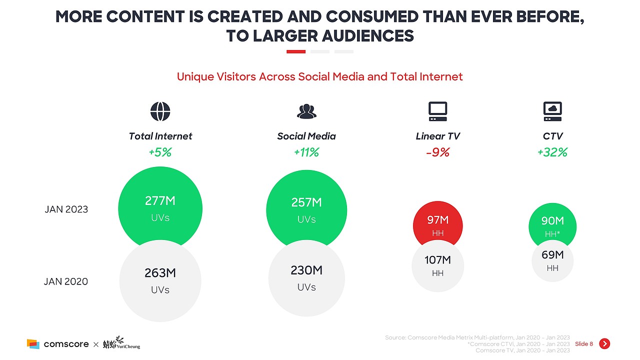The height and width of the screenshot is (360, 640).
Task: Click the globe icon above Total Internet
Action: point(160,111)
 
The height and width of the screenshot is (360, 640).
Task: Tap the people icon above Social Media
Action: point(306,111)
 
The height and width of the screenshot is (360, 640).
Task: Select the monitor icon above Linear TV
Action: point(437,111)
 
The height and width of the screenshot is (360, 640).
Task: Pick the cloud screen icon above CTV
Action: point(552,111)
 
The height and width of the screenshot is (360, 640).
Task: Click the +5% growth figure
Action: point(160,152)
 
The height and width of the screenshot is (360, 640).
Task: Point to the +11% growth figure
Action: point(306,152)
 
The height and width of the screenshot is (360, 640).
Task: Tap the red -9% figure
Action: point(437,152)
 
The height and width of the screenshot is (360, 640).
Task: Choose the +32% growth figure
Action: point(552,152)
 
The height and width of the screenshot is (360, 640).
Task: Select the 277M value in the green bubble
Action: point(160,201)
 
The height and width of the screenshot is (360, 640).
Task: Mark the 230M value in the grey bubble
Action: point(306,270)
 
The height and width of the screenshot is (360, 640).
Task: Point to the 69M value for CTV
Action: point(552,255)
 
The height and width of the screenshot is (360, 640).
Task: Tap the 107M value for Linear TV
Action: point(437,260)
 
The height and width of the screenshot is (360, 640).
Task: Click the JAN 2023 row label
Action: point(66,209)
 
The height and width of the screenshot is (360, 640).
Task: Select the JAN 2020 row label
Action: point(66,281)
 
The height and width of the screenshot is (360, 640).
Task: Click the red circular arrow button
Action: point(604,343)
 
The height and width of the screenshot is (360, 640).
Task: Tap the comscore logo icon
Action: point(33,344)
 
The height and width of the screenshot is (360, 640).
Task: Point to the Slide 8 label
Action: point(583,344)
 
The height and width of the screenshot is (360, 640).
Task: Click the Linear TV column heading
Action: point(437,136)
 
